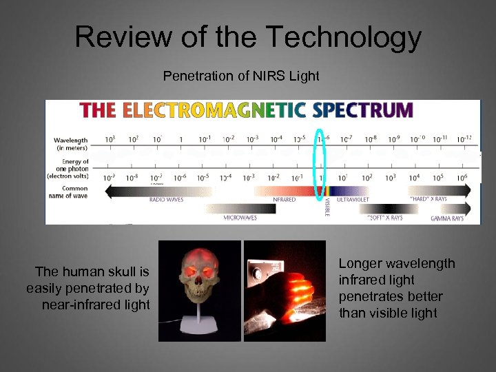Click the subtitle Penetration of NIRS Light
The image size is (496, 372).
[x=241, y=76]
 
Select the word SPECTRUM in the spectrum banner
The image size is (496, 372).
[x=362, y=110]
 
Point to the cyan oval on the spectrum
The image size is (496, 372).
[x=319, y=165]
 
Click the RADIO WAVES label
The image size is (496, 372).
[x=166, y=200]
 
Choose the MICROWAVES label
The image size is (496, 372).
[x=240, y=218]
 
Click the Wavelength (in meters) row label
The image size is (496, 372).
[x=71, y=143]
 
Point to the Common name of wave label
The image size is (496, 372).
[x=71, y=192]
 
